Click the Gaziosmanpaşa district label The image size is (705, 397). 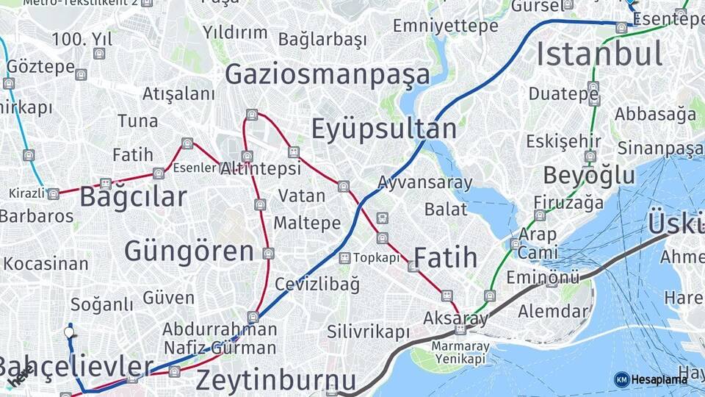click(x=328, y=74)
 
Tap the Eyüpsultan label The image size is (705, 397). click(x=383, y=129)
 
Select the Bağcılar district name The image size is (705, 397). click(x=133, y=197)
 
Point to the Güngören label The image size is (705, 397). click(x=189, y=251)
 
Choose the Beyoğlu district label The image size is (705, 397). click(x=589, y=176)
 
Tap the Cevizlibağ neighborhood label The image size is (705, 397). click(x=317, y=284)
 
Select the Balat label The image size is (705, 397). click(x=446, y=209)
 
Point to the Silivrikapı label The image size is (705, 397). click(x=368, y=332)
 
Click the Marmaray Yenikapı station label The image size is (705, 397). click(x=460, y=352)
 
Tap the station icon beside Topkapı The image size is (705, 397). click(x=344, y=258)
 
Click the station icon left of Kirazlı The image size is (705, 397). click(x=53, y=194)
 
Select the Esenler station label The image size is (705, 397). click(x=195, y=168)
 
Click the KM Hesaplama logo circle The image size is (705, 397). click(x=621, y=379)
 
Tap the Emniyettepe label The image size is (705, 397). click(x=445, y=26)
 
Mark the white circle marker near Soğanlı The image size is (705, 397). click(x=70, y=332)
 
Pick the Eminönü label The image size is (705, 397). click(x=543, y=277)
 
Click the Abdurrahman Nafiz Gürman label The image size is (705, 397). click(x=220, y=338)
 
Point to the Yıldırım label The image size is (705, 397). click(x=235, y=32)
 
